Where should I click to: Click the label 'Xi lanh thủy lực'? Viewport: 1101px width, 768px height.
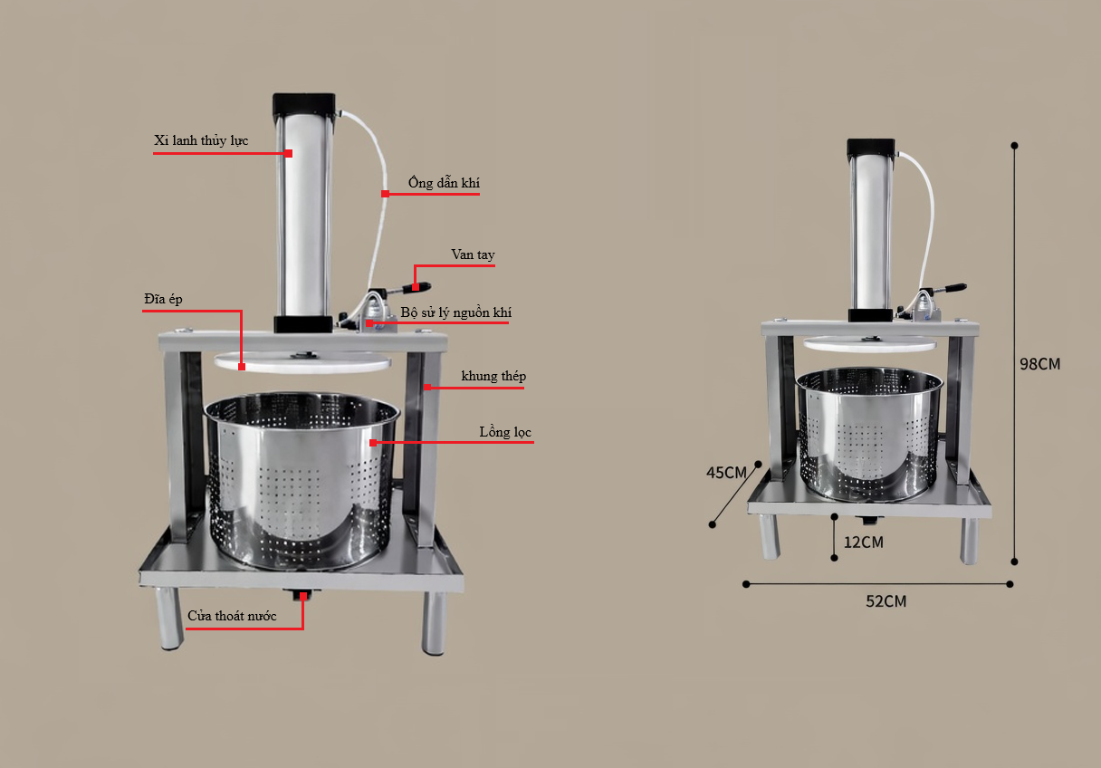click(201, 140)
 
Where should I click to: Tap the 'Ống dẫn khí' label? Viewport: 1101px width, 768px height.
click(444, 182)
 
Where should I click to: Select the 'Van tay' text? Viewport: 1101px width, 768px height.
click(473, 254)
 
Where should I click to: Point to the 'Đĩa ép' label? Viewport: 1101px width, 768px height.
click(163, 299)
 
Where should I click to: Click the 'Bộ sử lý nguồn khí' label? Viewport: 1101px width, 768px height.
click(456, 312)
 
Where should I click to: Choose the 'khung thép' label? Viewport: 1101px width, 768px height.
click(493, 376)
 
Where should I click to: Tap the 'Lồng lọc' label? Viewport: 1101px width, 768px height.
click(505, 432)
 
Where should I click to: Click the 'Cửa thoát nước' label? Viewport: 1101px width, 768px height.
click(232, 616)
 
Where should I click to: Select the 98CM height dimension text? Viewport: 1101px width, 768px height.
click(1039, 364)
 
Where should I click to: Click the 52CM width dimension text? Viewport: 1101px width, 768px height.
click(886, 601)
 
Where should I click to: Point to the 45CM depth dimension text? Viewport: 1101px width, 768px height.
click(726, 473)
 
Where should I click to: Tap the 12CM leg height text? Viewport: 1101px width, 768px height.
click(864, 542)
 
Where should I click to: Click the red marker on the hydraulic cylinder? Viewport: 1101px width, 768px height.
click(289, 153)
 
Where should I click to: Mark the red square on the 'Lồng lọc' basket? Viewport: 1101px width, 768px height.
click(373, 443)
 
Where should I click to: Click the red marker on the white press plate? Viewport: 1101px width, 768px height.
click(242, 366)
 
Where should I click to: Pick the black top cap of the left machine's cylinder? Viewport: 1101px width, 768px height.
click(303, 104)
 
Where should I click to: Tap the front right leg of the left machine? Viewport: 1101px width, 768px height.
click(434, 622)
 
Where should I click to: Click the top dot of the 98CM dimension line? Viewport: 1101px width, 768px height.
click(1014, 146)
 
